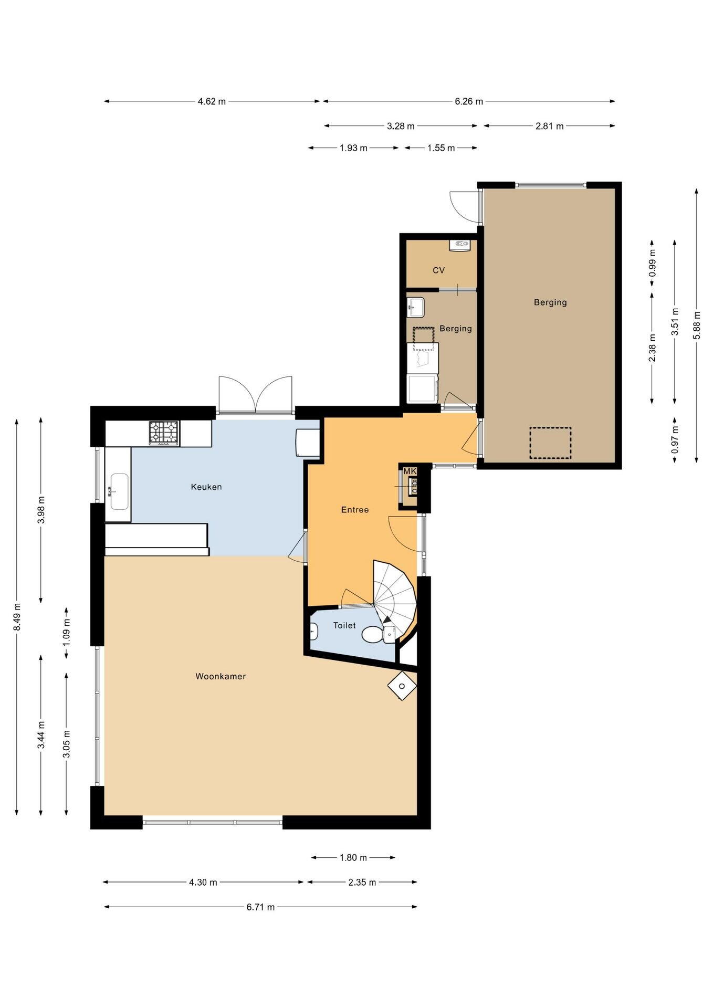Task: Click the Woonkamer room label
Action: [221, 676]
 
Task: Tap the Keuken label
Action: [206, 487]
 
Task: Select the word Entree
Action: [355, 509]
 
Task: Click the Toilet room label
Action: [344, 625]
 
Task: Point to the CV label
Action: [439, 270]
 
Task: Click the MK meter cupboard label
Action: [410, 471]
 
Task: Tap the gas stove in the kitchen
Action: [164, 433]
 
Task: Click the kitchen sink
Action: [119, 491]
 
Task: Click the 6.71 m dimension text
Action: [260, 907]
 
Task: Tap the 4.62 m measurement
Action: [212, 101]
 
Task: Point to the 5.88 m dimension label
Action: [697, 325]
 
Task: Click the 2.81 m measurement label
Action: [550, 126]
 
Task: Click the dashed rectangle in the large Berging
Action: [550, 443]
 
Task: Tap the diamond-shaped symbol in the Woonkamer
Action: [402, 686]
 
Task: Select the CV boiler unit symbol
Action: [459, 244]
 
